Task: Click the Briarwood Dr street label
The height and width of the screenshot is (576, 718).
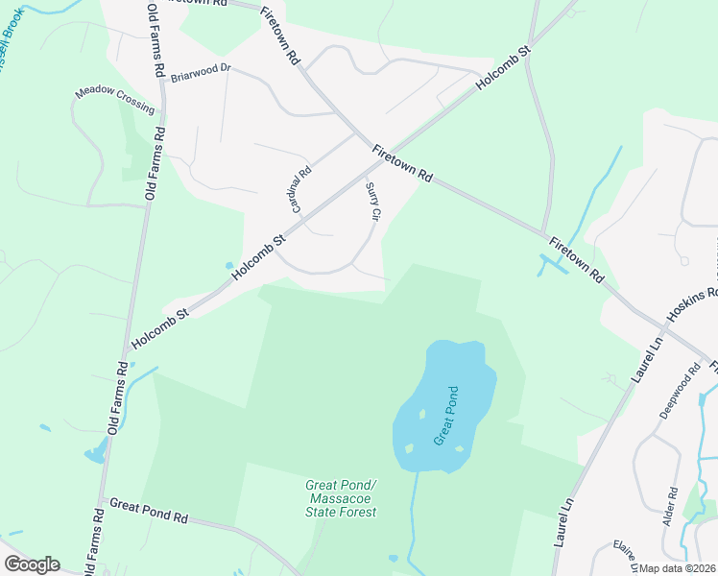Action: pyautogui.click(x=202, y=72)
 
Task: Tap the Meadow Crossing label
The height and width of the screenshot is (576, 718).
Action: pyautogui.click(x=114, y=100)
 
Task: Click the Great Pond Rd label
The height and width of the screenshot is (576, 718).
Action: pyautogui.click(x=148, y=510)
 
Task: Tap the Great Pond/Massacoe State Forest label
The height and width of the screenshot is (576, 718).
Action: pyautogui.click(x=342, y=498)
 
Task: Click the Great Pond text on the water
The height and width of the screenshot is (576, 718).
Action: pyautogui.click(x=447, y=415)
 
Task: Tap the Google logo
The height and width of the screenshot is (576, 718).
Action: pyautogui.click(x=32, y=564)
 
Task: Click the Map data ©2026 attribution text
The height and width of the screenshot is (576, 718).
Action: pyautogui.click(x=678, y=568)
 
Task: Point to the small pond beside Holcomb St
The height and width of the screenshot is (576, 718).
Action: pyautogui.click(x=228, y=266)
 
